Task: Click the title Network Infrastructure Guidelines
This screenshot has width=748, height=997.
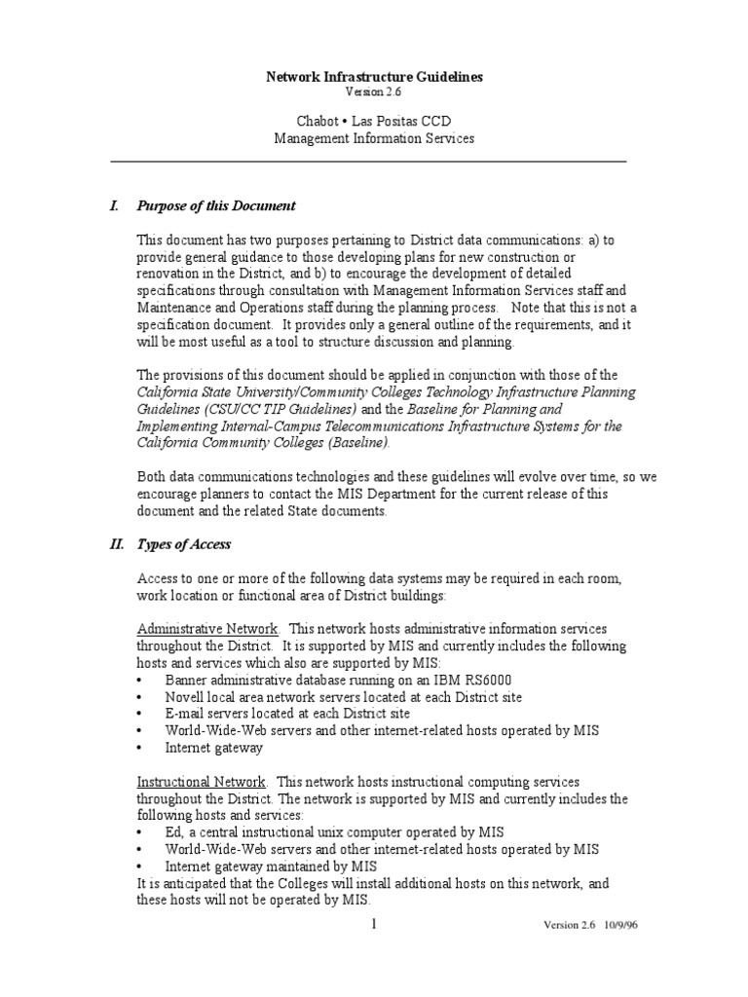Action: tap(374, 76)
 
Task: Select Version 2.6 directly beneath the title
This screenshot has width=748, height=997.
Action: tap(374, 92)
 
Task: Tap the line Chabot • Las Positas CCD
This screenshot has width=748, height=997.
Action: tap(374, 121)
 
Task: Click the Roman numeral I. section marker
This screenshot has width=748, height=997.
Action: tap(114, 205)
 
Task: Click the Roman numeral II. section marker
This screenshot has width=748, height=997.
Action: tap(116, 544)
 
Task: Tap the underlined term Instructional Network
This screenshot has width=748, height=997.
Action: tap(201, 781)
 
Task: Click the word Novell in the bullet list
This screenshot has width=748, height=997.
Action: tap(185, 697)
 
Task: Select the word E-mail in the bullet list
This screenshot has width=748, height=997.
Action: tap(185, 714)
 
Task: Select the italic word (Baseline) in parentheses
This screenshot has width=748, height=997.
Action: tap(357, 442)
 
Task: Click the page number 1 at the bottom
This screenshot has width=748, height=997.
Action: tap(374, 923)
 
